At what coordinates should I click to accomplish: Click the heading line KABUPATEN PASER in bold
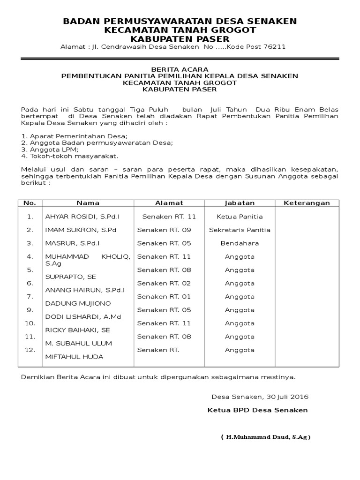(x=180, y=38)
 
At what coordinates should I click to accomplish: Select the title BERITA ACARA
(x=180, y=69)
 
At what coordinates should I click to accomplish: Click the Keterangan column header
(x=307, y=203)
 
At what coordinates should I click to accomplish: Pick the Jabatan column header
(x=240, y=203)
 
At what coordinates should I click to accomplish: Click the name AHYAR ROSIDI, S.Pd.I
(x=82, y=217)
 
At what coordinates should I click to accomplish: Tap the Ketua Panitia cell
(x=240, y=217)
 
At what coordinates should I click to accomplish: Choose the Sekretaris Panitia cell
(x=240, y=230)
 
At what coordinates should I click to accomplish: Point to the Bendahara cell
(x=240, y=243)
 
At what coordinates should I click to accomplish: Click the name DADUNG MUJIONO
(x=78, y=304)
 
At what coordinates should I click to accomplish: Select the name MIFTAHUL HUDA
(x=74, y=357)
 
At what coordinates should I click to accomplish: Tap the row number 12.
(x=30, y=350)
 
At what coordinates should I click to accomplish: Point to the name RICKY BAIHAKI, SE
(x=77, y=330)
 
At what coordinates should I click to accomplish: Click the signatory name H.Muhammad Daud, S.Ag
(x=265, y=437)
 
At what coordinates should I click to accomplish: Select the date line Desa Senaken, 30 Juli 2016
(x=260, y=397)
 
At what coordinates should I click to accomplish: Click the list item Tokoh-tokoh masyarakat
(x=70, y=156)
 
